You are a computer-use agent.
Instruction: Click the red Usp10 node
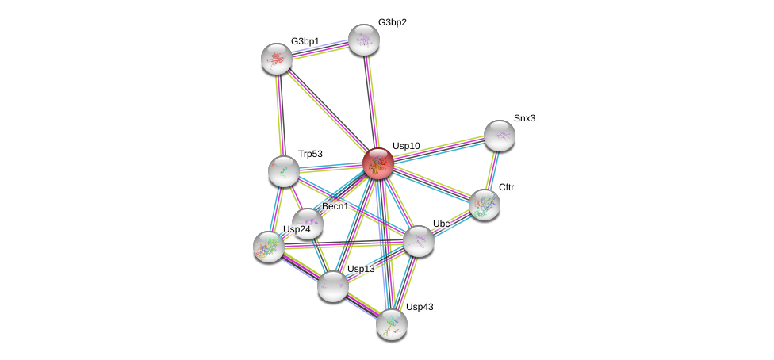coord(378,163)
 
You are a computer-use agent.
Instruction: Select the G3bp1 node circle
coord(277,58)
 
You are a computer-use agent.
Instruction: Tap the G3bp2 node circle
coord(364,39)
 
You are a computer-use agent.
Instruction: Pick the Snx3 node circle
coord(500,135)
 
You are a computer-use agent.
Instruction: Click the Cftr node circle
coord(484,204)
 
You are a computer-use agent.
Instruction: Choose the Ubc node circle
coord(418,240)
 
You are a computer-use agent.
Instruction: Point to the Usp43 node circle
coord(391,323)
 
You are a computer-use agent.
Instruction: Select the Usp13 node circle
coord(333,285)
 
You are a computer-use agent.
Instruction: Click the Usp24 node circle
coord(269,246)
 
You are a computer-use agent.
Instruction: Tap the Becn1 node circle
coord(307,223)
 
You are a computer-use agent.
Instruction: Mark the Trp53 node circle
coord(283,170)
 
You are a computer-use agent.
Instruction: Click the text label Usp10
coord(406,146)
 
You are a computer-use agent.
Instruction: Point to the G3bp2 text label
coord(392,22)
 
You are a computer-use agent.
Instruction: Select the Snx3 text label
coord(524,118)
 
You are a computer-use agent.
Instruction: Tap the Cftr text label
coord(507,187)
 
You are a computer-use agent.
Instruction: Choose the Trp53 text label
coord(310,154)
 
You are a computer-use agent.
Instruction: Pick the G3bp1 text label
coord(305,40)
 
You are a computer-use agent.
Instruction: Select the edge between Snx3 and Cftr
coord(492,170)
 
